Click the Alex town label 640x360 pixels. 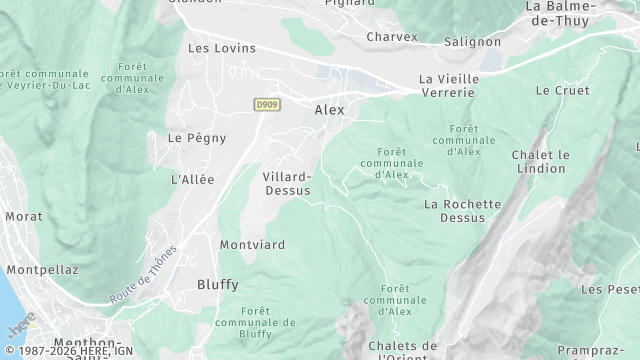tap(329, 110)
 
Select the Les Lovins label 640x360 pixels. tap(222, 48)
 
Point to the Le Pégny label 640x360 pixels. tap(196, 138)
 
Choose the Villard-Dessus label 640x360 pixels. tap(287, 183)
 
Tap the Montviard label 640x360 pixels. tap(252, 244)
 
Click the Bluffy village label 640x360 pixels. tap(217, 284)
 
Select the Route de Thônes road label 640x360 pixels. tap(144, 275)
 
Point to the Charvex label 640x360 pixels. tap(391, 37)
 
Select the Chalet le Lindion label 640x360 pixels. tap(540, 162)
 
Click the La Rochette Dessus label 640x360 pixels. tap(462, 211)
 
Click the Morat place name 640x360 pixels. tap(23, 216)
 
